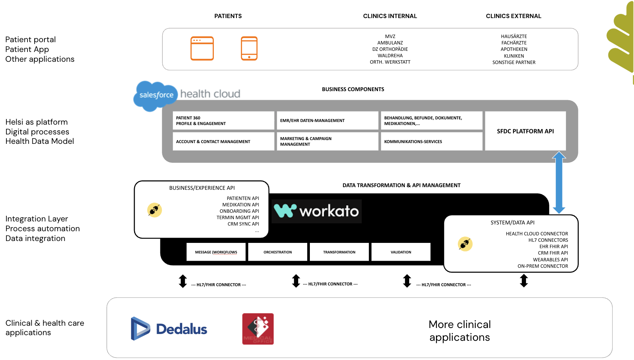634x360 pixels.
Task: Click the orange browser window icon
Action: coord(202,48)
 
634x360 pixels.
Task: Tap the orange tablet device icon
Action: coord(249,48)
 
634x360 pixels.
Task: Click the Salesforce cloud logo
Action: coord(156,96)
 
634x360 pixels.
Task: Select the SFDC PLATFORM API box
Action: coord(525,131)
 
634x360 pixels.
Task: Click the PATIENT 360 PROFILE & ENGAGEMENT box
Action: coord(223,121)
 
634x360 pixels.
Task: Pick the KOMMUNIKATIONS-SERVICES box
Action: coord(431,142)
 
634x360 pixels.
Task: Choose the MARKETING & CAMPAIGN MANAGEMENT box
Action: coord(327,142)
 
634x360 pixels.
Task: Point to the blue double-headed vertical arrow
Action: coord(559,182)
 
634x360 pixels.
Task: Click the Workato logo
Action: coord(317,211)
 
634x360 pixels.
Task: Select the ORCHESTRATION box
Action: coord(278,252)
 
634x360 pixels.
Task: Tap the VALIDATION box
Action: coord(401,252)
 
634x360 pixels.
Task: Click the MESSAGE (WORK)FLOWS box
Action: coord(216,252)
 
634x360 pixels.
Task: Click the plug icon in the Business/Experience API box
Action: coord(154,210)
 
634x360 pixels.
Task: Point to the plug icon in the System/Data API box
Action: coord(465,244)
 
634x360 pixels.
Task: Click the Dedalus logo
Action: coord(169,329)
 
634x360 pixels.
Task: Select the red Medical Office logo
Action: coord(258,329)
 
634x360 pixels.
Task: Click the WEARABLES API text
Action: coord(550,259)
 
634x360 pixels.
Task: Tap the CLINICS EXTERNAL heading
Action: coord(514,16)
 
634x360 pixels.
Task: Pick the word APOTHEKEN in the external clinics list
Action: coord(514,49)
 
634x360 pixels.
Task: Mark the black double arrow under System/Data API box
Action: coord(524,281)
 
